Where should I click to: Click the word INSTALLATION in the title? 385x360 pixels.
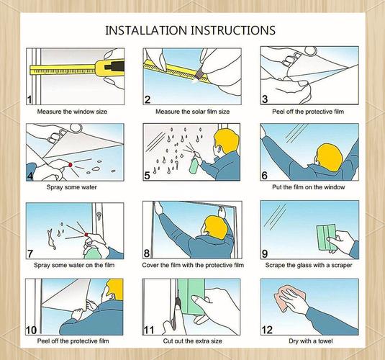click(146, 30)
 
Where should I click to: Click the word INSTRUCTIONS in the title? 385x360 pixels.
click(232, 30)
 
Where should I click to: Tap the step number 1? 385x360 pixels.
click(30, 100)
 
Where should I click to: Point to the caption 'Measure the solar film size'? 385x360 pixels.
click(193, 112)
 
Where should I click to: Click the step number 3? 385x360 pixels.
click(265, 99)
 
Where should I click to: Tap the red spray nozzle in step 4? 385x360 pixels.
click(71, 165)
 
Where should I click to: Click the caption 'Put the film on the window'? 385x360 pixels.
click(309, 187)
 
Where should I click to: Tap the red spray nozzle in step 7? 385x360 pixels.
click(86, 235)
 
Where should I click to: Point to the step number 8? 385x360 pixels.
click(147, 253)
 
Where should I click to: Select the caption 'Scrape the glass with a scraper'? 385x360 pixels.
click(309, 265)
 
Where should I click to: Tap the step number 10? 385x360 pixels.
click(32, 330)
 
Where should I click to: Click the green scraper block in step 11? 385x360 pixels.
click(191, 297)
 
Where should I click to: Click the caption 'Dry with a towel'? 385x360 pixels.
click(311, 341)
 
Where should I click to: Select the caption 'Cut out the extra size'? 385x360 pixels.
click(193, 341)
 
